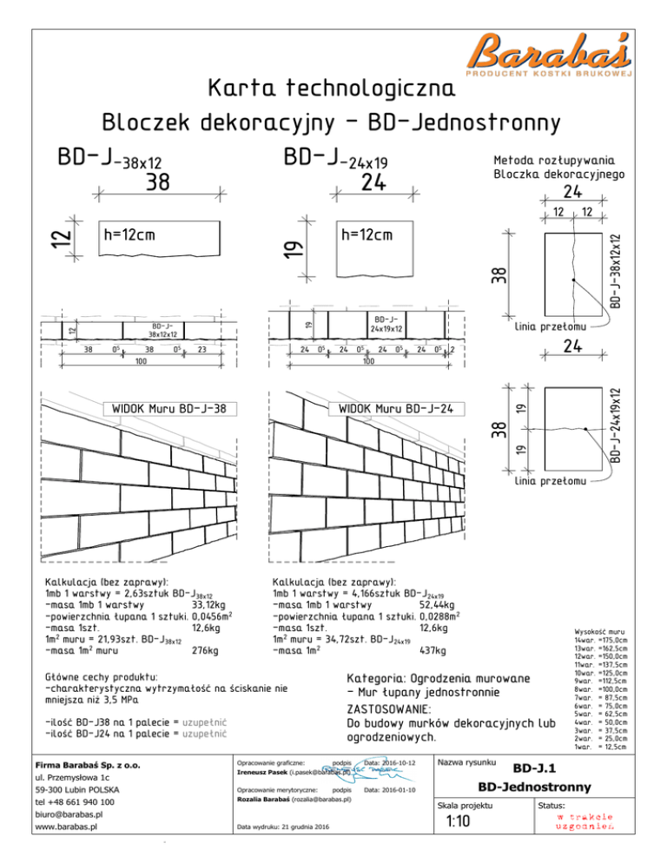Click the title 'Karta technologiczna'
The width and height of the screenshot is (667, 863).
pyautogui.click(x=332, y=89)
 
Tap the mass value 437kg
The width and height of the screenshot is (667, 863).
pyautogui.click(x=433, y=650)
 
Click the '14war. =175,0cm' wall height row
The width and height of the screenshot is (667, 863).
pyautogui.click(x=600, y=640)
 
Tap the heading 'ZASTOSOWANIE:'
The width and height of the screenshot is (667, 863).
pyautogui.click(x=392, y=708)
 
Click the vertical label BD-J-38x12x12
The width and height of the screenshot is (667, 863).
pyautogui.click(x=615, y=271)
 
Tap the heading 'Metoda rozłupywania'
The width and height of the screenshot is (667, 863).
pyautogui.click(x=555, y=160)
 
